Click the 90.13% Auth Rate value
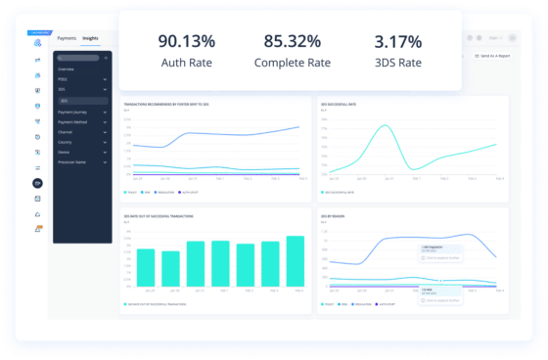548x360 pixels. tap(186, 42)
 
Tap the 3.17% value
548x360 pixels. tap(398, 42)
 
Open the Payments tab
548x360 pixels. tap(67, 38)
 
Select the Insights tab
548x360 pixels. tap(90, 38)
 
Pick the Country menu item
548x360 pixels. tap(66, 141)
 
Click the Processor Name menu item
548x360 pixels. tap(72, 160)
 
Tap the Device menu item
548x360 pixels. tap(65, 151)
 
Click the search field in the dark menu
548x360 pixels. tap(82, 59)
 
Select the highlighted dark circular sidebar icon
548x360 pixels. tap(38, 183)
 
